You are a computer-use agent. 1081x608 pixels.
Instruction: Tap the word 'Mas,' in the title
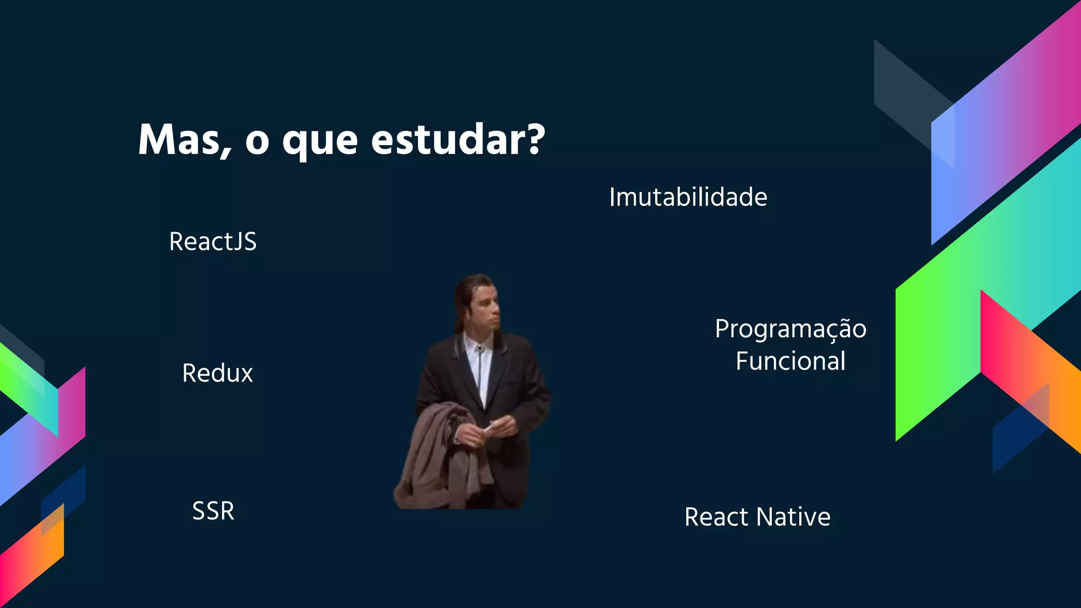point(184,140)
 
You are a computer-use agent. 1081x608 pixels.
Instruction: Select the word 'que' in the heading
point(320,142)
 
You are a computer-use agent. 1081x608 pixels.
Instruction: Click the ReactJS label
point(213,242)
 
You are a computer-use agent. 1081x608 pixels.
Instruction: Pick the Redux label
point(217,373)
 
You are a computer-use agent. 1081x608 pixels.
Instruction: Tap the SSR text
point(213,511)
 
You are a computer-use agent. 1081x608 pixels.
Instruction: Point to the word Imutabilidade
point(688,197)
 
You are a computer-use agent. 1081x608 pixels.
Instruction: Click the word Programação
point(790,329)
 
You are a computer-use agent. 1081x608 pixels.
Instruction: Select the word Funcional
point(790,362)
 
